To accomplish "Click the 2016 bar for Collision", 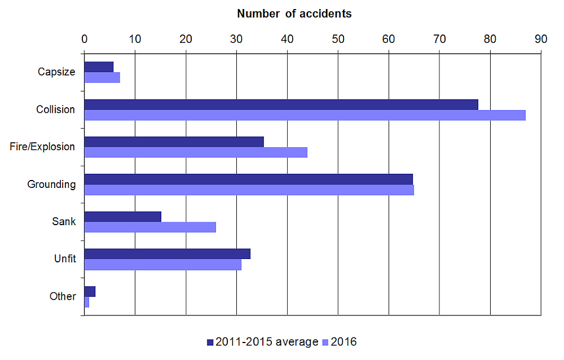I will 305,115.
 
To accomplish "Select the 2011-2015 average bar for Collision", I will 281,105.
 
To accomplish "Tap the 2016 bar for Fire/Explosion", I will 196,152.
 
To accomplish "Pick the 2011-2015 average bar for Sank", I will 123,217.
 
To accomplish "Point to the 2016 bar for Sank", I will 150,227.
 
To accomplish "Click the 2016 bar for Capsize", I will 102,78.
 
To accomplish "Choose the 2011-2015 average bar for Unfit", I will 168,254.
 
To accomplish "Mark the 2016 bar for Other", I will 87,302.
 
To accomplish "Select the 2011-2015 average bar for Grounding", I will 249,179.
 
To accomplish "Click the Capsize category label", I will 56,72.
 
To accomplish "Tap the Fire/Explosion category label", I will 42,147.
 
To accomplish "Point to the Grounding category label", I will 51,184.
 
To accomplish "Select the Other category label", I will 62,296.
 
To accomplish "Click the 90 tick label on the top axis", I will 541,39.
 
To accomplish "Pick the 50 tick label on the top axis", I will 338,39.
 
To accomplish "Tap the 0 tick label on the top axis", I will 85,39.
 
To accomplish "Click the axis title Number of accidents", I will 294,14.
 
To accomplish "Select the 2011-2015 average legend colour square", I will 210,342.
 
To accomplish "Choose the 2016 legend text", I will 343,342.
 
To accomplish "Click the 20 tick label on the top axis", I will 186,39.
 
